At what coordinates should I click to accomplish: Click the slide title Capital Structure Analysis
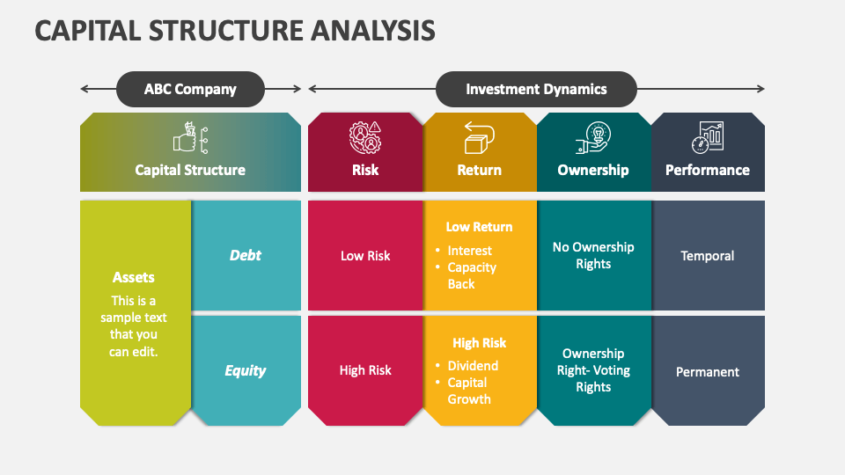point(235,30)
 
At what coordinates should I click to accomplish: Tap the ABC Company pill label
point(190,89)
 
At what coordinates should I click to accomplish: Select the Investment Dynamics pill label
point(536,89)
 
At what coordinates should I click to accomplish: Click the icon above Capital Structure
point(190,140)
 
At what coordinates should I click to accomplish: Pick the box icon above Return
point(479,138)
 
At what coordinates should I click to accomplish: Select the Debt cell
point(246,255)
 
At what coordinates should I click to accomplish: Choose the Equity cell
point(246,370)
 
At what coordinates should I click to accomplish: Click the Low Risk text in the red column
point(365,256)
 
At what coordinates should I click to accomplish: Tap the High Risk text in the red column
point(365,370)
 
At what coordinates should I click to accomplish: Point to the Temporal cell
point(707,256)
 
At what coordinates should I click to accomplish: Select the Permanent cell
point(707,372)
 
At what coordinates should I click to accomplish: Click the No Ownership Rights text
point(593,255)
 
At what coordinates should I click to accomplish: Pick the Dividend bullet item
point(473,366)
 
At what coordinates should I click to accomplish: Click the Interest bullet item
point(469,251)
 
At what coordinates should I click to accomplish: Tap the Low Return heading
point(479,227)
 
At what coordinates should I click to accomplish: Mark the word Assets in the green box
point(134,277)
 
